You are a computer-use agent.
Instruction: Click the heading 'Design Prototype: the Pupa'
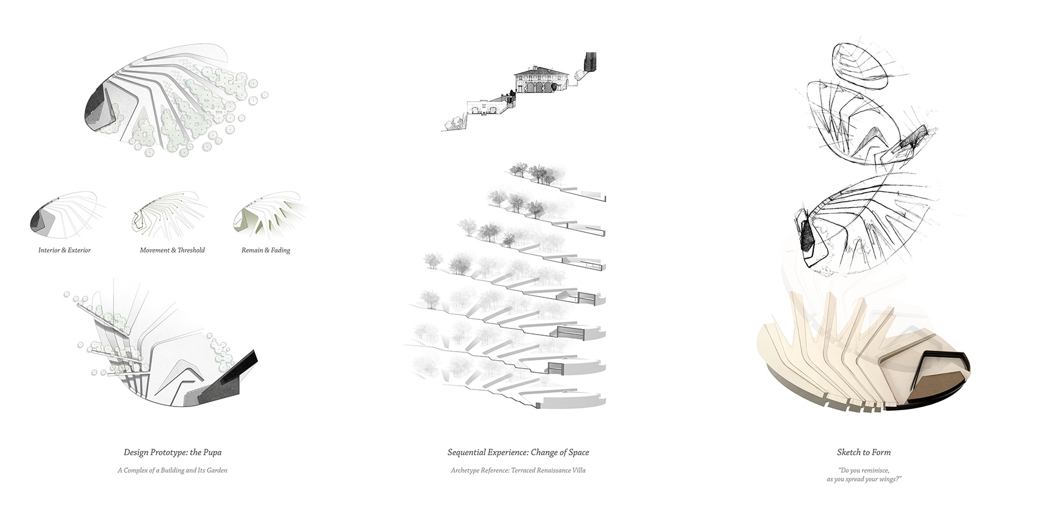coord(173,453)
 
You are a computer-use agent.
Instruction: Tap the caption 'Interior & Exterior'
coord(64,250)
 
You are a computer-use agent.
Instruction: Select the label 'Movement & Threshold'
coord(172,250)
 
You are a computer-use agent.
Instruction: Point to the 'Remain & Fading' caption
coord(265,250)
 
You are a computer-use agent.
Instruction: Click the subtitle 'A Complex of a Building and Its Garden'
coord(173,470)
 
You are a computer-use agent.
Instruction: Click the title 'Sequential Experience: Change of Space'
coord(518,453)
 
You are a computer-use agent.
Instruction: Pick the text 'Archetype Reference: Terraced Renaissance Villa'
coord(518,470)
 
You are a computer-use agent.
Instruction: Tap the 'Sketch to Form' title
coord(863,453)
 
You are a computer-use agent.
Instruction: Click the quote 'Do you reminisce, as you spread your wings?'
coord(864,475)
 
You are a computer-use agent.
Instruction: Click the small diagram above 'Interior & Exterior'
coord(63,216)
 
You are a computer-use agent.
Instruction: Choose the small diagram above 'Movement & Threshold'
coord(170,216)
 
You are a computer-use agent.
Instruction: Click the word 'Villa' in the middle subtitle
coord(577,470)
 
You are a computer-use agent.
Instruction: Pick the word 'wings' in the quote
coord(888,480)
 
